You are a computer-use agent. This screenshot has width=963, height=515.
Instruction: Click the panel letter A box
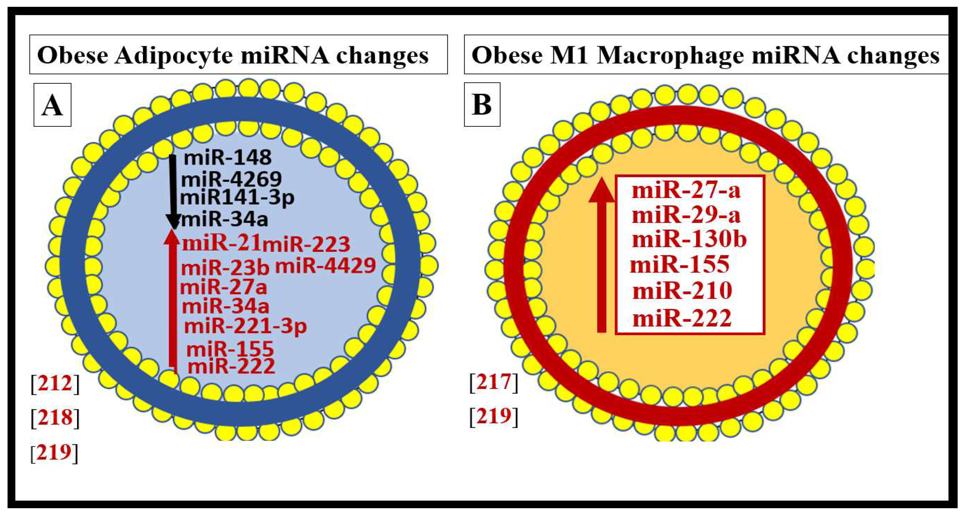tap(52, 105)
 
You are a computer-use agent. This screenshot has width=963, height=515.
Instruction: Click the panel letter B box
tap(482, 105)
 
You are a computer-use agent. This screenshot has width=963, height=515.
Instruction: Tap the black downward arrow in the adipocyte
tap(173, 190)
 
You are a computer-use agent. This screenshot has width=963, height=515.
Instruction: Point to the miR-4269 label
tap(231, 180)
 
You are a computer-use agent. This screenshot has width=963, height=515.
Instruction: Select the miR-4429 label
tap(325, 266)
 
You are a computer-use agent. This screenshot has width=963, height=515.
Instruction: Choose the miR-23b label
tap(225, 268)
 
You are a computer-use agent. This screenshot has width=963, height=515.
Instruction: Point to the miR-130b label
tap(689, 239)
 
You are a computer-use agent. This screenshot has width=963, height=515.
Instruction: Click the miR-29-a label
tap(686, 215)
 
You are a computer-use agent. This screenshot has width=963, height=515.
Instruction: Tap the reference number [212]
tap(55, 384)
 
